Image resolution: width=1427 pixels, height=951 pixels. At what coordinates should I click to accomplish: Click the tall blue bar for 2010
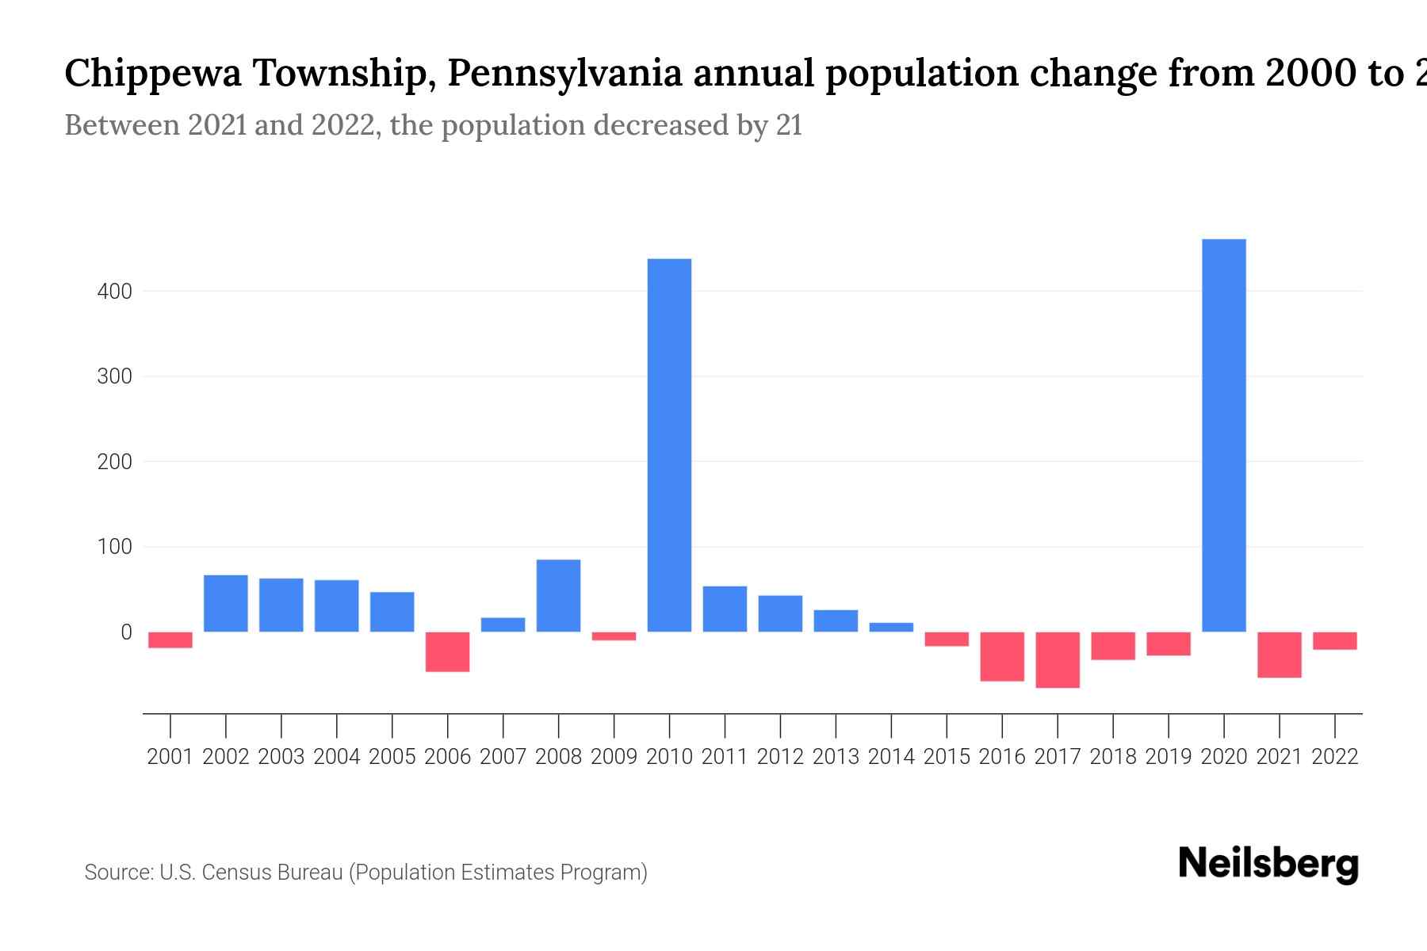tap(669, 445)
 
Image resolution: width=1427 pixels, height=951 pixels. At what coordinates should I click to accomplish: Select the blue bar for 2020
tap(1223, 435)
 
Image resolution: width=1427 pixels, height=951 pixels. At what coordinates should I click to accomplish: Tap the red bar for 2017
tap(1058, 659)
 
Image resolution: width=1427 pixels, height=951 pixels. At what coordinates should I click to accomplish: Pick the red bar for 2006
tap(447, 651)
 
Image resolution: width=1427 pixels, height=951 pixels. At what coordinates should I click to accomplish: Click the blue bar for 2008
tap(558, 595)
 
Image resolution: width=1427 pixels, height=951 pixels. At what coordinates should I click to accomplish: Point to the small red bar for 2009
tap(614, 636)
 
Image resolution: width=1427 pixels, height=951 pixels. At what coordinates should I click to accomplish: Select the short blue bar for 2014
tap(891, 627)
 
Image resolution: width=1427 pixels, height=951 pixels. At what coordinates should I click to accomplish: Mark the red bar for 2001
tap(170, 640)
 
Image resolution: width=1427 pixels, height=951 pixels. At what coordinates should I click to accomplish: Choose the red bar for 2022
tap(1334, 641)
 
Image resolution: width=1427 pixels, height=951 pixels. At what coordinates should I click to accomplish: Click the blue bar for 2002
tap(226, 603)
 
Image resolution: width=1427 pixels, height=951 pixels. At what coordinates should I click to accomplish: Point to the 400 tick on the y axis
tap(114, 292)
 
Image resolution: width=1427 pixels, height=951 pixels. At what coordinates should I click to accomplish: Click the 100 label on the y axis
tap(114, 547)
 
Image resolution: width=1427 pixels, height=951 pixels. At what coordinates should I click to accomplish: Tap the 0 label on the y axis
tap(126, 632)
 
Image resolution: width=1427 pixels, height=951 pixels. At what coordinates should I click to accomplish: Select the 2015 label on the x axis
tap(947, 757)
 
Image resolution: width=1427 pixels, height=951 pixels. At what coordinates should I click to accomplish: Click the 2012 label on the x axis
tap(780, 757)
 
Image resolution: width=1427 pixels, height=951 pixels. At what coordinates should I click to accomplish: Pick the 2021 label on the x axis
tap(1279, 757)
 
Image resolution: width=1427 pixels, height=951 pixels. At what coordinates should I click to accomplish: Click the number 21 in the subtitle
tap(789, 125)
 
